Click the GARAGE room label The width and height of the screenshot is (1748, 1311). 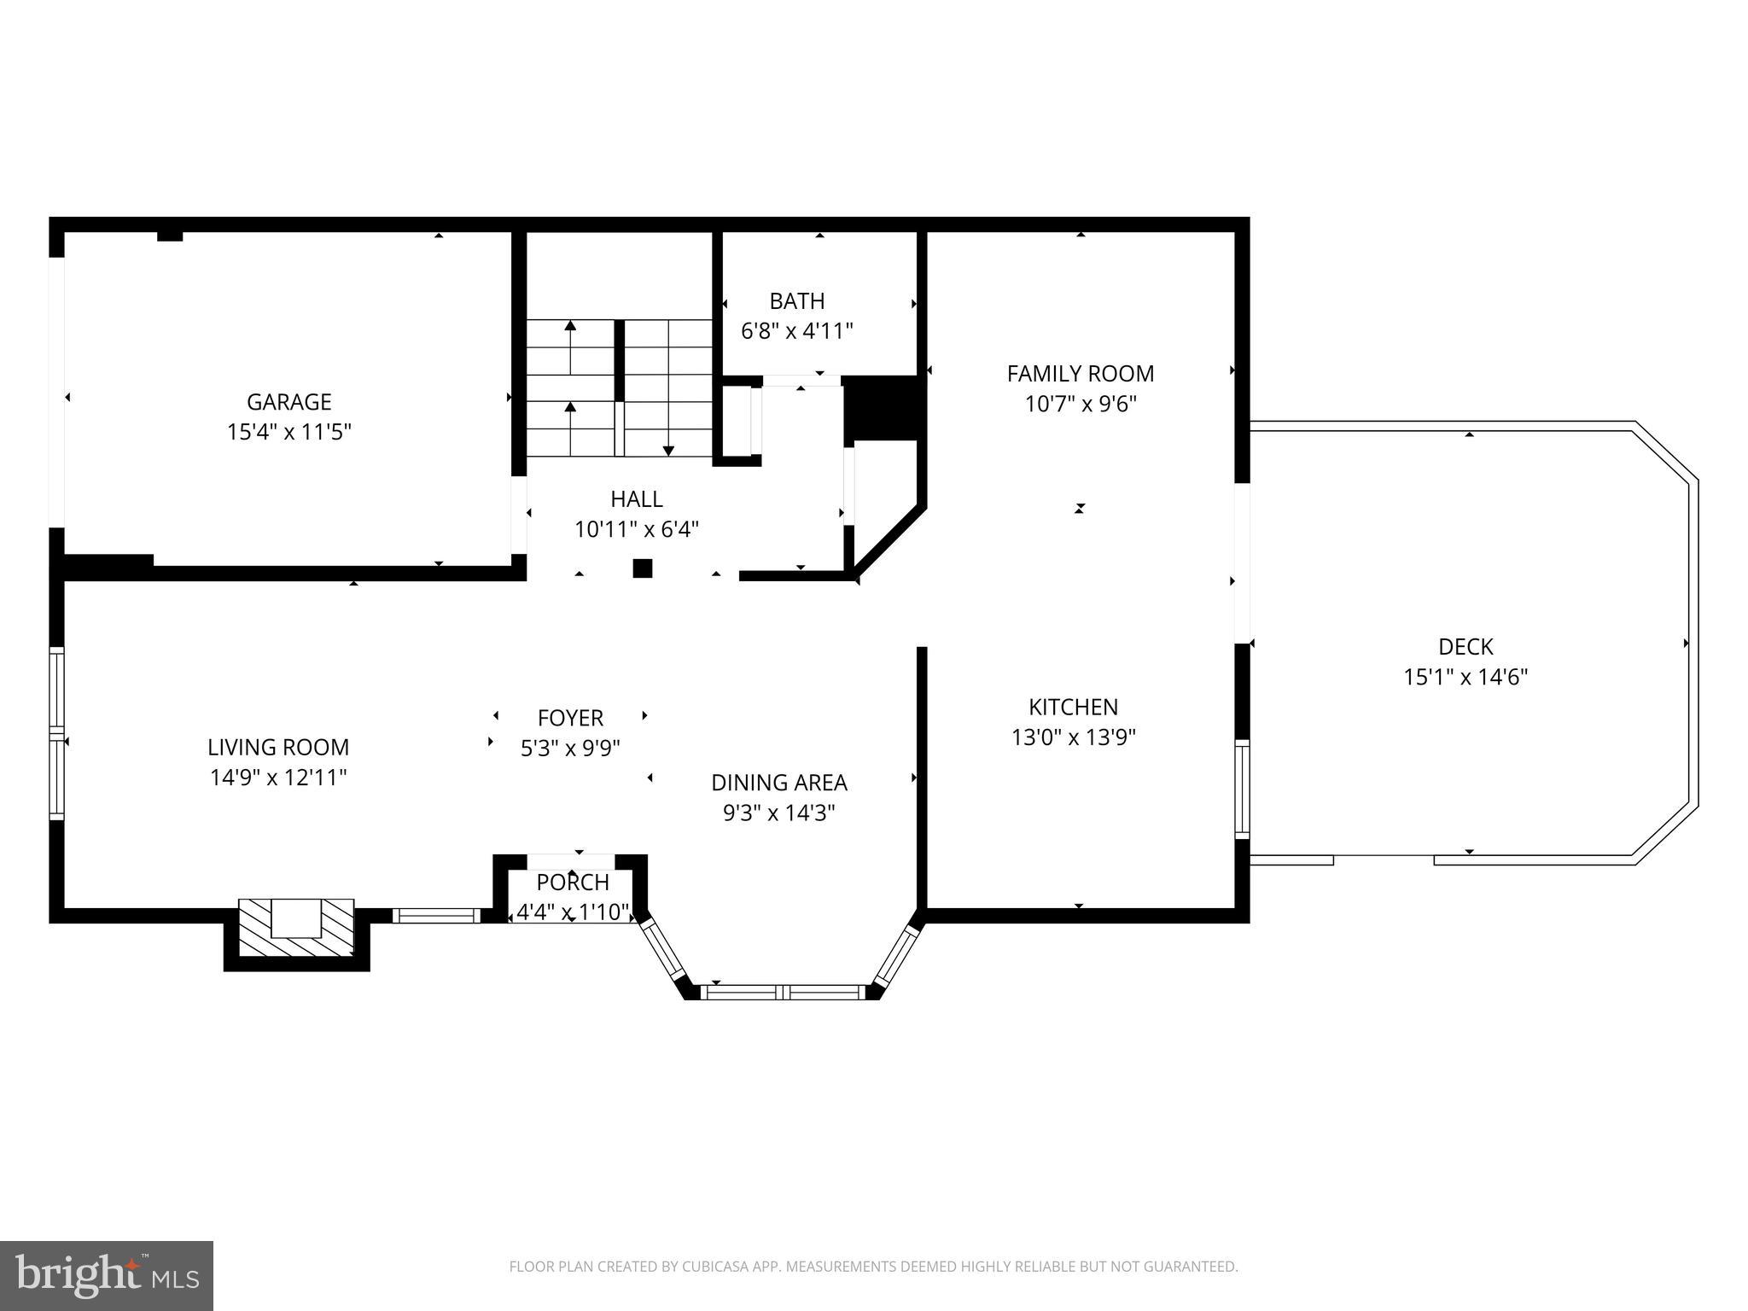pyautogui.click(x=288, y=401)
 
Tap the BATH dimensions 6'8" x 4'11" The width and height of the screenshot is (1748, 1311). pyautogui.click(x=797, y=331)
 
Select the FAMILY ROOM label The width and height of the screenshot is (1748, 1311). pyautogui.click(x=1080, y=374)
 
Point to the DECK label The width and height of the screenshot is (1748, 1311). pyautogui.click(x=1465, y=647)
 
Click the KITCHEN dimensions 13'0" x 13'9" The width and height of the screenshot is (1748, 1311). pyautogui.click(x=1073, y=737)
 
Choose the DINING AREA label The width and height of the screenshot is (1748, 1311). pyautogui.click(x=778, y=783)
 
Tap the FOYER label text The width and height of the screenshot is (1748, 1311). pyautogui.click(x=570, y=718)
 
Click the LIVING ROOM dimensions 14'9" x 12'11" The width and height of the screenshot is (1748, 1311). pyautogui.click(x=278, y=778)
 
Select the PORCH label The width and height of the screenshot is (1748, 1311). pyautogui.click(x=573, y=883)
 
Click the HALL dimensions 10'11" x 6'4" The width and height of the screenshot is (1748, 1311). pyautogui.click(x=636, y=530)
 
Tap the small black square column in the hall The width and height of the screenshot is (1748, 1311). pyautogui.click(x=642, y=568)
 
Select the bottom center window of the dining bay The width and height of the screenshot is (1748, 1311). pyautogui.click(x=783, y=992)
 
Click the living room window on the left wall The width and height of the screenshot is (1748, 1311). pyautogui.click(x=56, y=733)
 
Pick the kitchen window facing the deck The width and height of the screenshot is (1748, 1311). pyautogui.click(x=1243, y=789)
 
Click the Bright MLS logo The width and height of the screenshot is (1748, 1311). pyautogui.click(x=107, y=1275)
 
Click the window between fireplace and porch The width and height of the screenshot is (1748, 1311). pyautogui.click(x=436, y=915)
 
